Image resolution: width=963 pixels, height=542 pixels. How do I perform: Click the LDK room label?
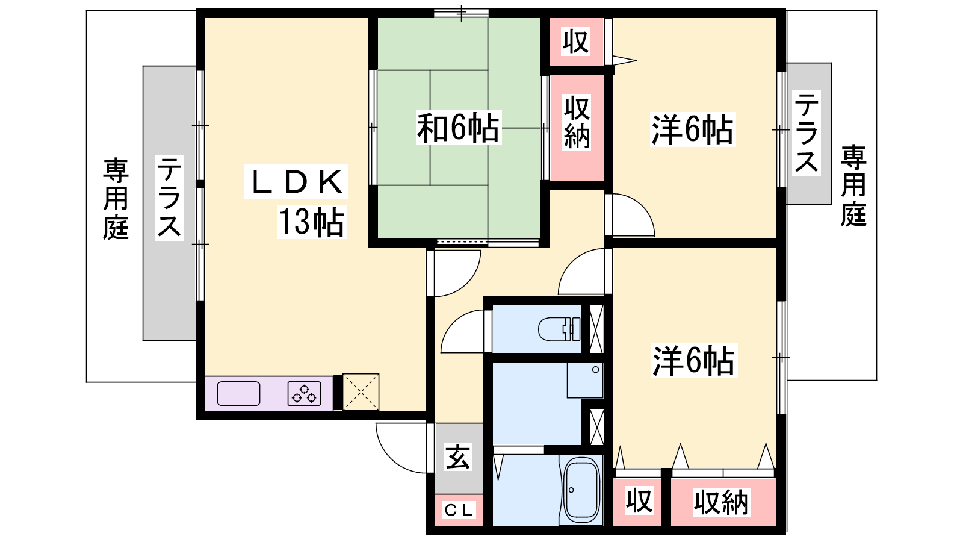coord(296,181)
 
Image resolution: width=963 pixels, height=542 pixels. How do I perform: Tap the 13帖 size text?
coord(312,222)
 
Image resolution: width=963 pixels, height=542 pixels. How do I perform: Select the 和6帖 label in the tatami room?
coord(458,128)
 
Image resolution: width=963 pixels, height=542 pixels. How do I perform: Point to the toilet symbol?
coord(559,329)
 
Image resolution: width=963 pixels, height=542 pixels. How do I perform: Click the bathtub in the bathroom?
coord(582,490)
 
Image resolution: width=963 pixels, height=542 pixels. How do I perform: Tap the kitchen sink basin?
coord(238,394)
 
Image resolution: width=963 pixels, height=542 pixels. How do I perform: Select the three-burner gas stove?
coord(305,394)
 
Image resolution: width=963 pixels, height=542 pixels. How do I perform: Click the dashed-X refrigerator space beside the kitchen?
coord(361,392)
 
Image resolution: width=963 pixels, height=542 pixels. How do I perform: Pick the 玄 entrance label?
coord(458,457)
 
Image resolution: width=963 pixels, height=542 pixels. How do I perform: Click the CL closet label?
coord(459,511)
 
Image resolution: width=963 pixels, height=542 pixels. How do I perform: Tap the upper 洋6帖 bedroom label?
coord(693,129)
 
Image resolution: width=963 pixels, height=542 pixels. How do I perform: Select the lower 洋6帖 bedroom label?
coord(693,361)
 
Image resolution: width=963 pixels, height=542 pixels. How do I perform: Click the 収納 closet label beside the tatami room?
coord(577,123)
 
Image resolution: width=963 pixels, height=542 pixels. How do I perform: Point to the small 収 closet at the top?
coord(576,42)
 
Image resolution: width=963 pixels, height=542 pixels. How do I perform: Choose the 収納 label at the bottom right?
coord(721,502)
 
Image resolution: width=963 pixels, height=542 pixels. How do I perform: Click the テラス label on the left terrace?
coord(169,198)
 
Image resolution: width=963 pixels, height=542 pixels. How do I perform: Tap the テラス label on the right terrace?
coord(806,133)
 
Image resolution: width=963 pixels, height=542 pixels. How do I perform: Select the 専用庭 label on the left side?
coord(116,199)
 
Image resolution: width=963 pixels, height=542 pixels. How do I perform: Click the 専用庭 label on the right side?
coord(854,186)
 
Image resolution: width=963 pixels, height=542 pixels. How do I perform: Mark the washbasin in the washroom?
coord(584,381)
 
